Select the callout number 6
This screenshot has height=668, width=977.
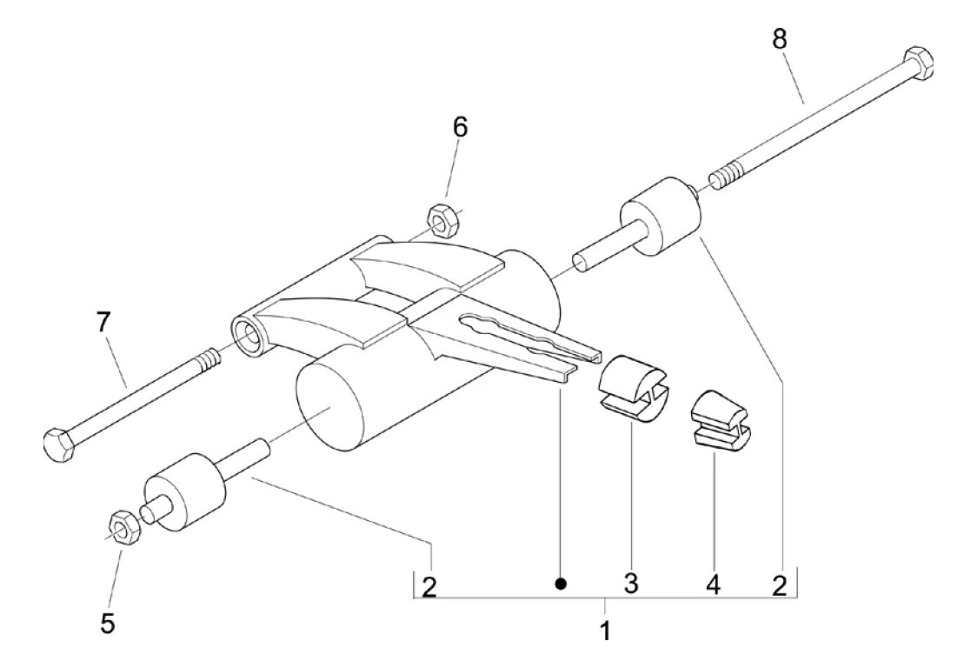[459, 127]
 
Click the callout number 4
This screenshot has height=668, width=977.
[713, 584]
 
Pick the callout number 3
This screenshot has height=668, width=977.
[630, 584]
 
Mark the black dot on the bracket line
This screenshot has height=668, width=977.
[562, 584]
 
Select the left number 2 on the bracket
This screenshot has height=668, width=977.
[429, 585]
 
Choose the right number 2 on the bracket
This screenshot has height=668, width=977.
[780, 585]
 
